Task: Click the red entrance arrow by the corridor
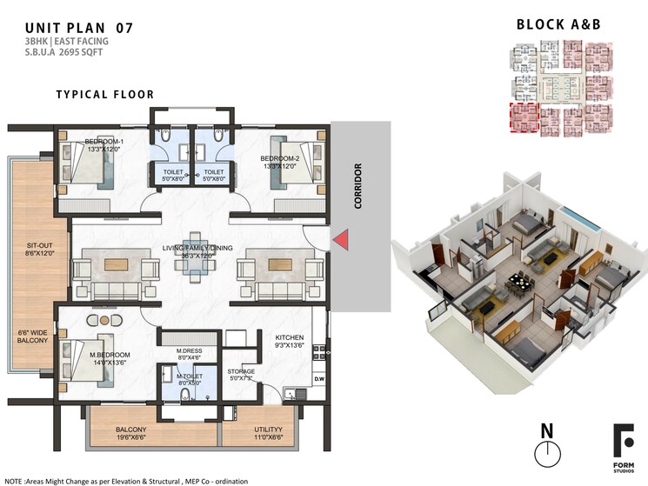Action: pyautogui.click(x=345, y=238)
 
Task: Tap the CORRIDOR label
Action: pyautogui.click(x=357, y=185)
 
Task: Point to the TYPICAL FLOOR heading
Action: pyautogui.click(x=105, y=95)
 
